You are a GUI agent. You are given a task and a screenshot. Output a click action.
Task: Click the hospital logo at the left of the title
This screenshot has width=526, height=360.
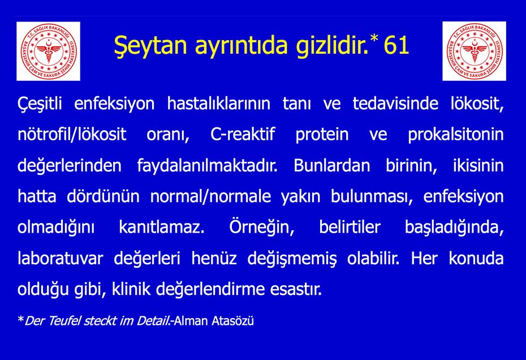pos(48,51)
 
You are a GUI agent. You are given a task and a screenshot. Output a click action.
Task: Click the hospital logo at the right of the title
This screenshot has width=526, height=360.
pos(474,51)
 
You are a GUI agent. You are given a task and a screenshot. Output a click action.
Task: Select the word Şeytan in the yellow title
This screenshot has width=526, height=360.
pos(150,45)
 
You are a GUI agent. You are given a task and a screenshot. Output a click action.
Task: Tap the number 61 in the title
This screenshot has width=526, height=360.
pos(396,45)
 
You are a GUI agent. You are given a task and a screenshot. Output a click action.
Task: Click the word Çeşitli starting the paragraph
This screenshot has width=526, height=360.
pos(40,104)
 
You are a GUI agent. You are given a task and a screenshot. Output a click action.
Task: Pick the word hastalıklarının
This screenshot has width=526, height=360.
pos(219,104)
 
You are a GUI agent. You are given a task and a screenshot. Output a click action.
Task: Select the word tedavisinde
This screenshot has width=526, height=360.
pos(395,104)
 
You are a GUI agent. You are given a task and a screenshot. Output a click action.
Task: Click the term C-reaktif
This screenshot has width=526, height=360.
pos(243,134)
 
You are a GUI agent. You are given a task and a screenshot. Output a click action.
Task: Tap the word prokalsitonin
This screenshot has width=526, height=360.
pos(455,135)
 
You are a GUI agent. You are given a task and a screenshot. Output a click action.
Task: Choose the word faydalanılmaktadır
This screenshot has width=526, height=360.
pos(208,166)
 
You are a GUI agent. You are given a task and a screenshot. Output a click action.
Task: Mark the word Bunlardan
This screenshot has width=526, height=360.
pos(332,166)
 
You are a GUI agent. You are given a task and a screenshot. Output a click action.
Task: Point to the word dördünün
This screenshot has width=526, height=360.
pos(103,196)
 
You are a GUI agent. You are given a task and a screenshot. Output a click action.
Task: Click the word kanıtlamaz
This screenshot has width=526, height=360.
pos(162,228)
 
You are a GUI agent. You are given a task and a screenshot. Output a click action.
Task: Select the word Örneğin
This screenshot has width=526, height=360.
pos(262,228)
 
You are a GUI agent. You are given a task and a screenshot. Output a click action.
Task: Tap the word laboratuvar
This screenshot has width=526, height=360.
pos(61,259)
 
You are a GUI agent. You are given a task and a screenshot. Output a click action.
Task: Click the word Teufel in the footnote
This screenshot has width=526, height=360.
pos(64,321)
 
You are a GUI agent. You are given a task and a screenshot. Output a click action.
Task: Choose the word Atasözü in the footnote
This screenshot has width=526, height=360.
pos(232,321)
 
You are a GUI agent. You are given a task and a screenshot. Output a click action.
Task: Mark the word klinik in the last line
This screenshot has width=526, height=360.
pos(131,289)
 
